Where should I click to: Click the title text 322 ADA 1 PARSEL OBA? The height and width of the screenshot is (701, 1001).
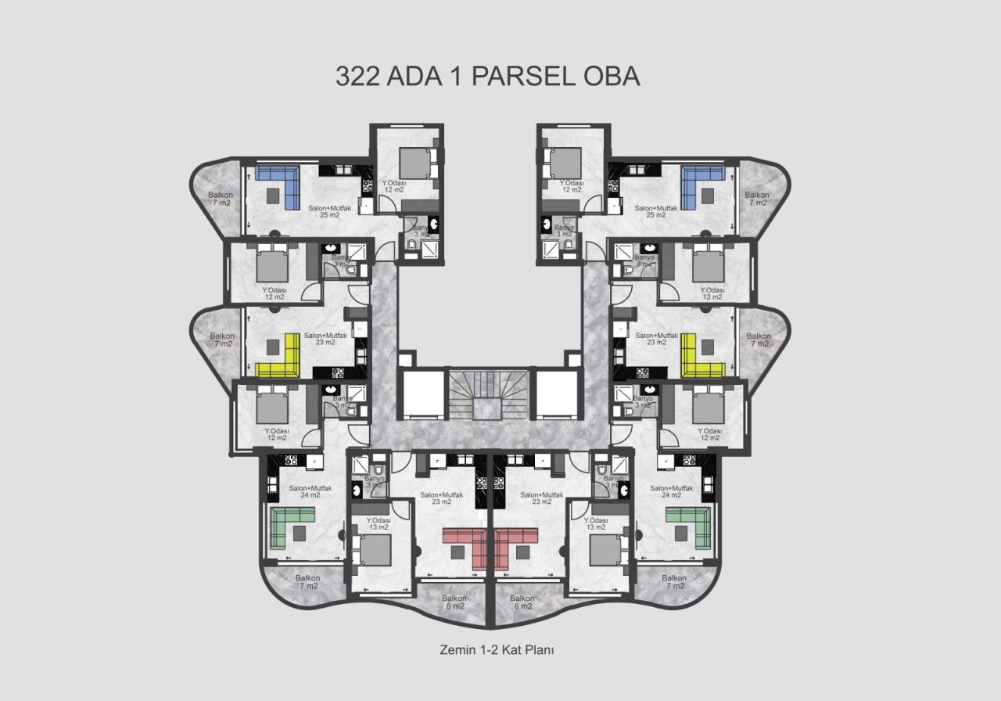488,76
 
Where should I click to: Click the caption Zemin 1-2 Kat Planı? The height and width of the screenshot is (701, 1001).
497,649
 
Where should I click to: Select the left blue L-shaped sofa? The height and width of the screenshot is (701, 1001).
282,184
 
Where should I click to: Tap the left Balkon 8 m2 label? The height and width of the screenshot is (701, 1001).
454,602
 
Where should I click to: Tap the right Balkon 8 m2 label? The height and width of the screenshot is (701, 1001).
522,602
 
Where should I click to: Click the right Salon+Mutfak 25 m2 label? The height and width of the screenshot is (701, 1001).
655,211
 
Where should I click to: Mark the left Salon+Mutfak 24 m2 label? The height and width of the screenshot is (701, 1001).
310,491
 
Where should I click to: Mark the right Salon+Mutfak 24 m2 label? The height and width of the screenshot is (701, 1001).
671,491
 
